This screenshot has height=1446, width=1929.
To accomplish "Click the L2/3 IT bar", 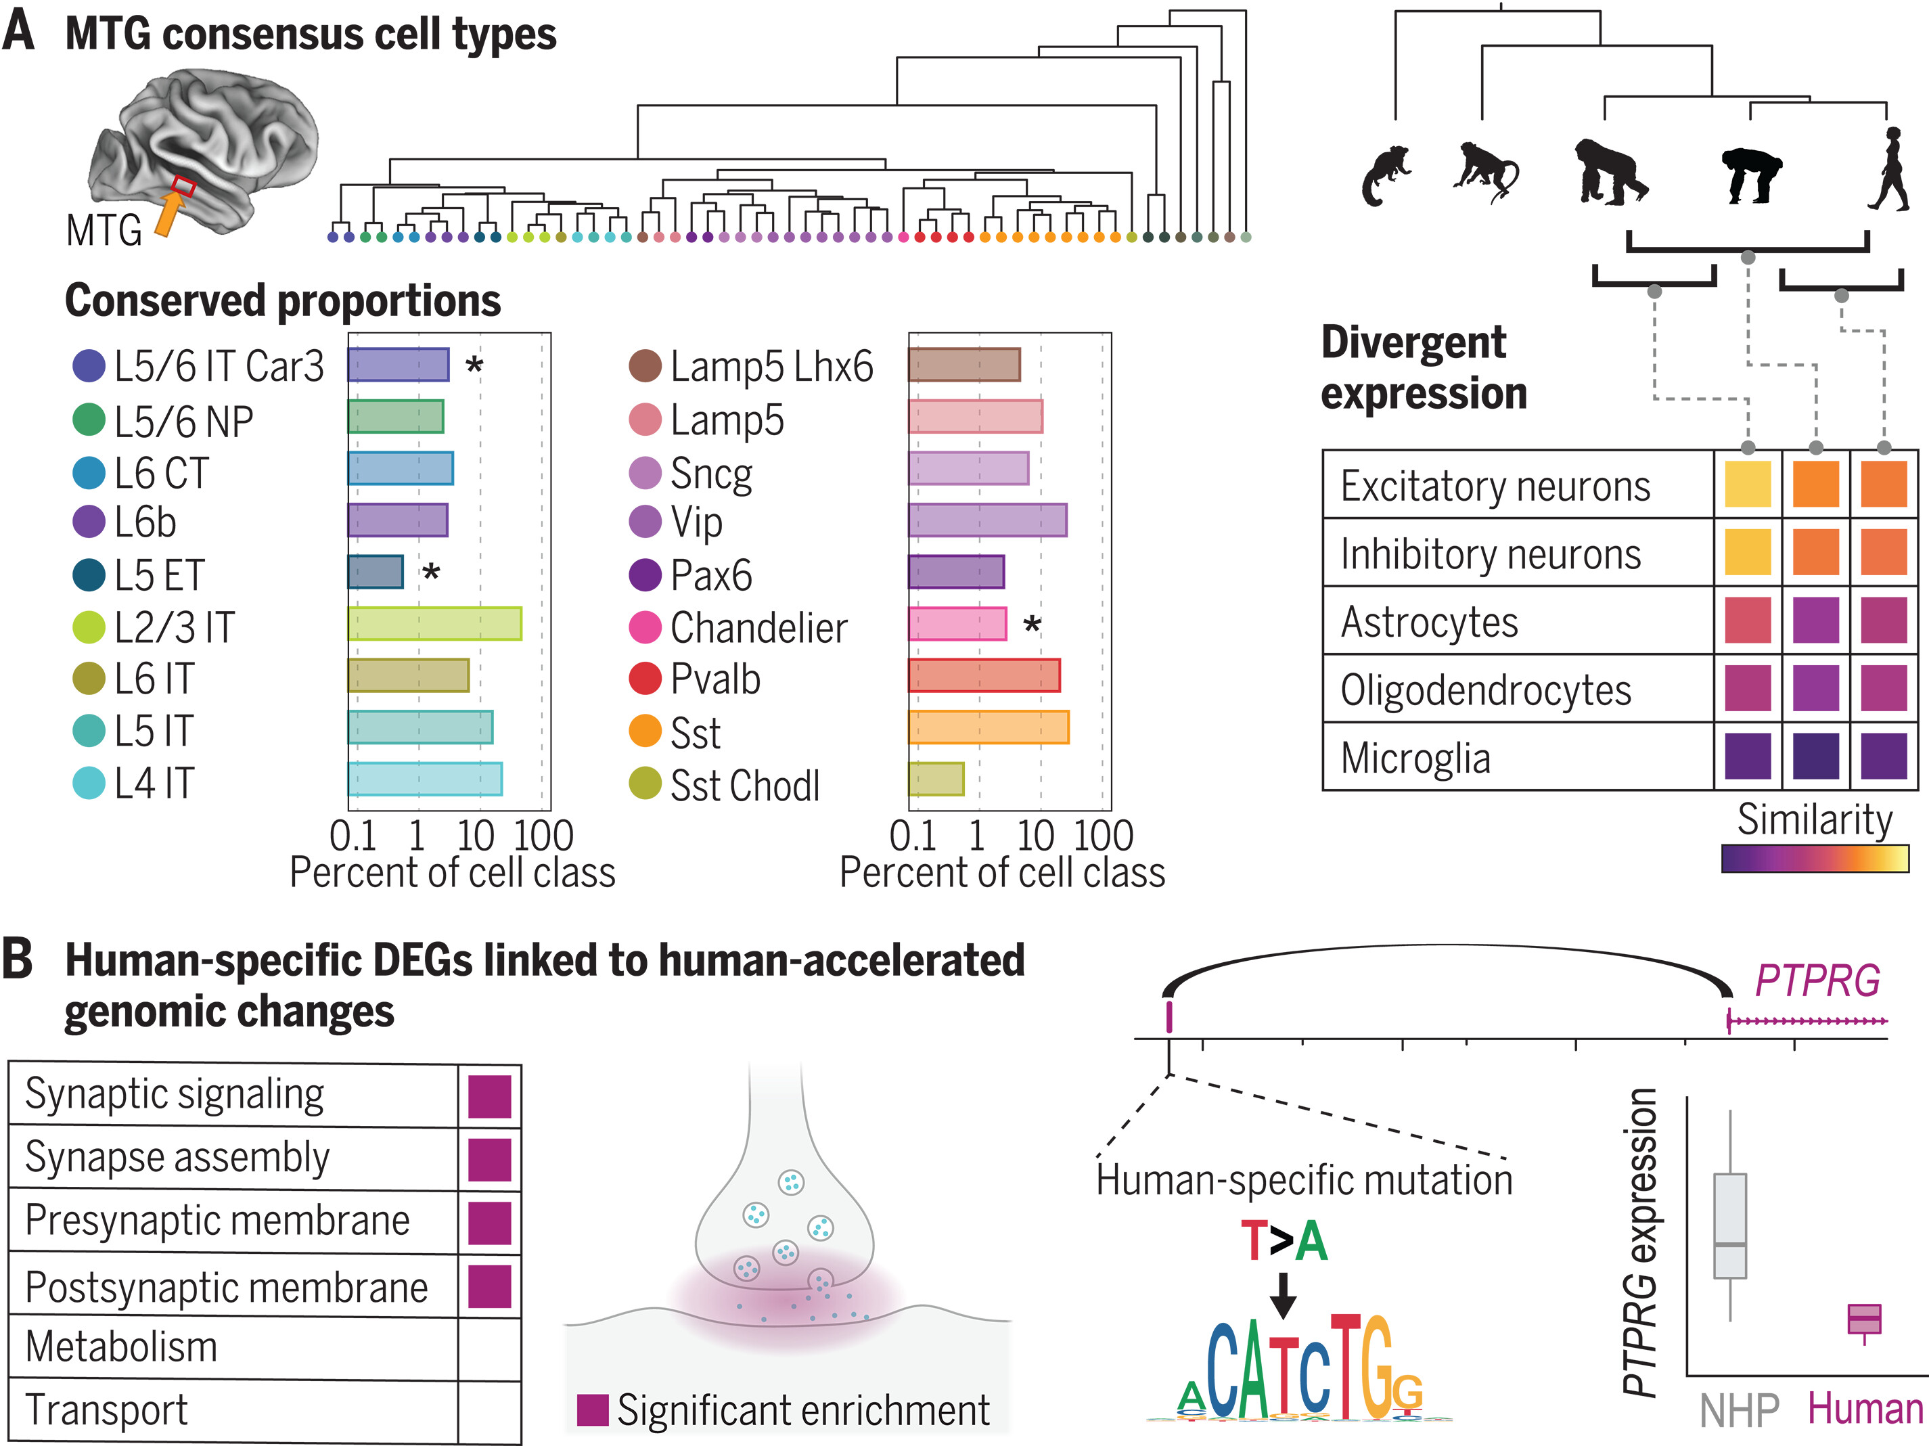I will coord(434,625).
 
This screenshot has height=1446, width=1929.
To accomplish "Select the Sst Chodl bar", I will coord(936,780).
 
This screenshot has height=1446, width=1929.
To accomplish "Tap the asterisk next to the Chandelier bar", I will coord(1032,625).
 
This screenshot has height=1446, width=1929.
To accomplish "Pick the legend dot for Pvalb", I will coord(645,679).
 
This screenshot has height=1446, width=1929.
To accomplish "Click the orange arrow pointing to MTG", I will coord(169,214).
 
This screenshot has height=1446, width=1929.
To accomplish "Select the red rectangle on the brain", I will coord(183,185).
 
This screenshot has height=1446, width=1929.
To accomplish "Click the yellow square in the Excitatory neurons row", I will coord(1747,484).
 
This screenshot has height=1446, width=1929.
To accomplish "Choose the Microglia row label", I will coord(1415,758).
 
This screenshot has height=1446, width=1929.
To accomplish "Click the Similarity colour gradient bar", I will coord(1815,858).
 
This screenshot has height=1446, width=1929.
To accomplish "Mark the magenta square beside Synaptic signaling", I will coord(489,1096).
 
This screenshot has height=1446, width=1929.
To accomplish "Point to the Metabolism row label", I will coord(121,1347).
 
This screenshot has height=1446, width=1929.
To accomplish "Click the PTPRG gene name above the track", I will coord(1817,981).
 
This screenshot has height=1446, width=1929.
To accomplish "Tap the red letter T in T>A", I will coord(1254,1240).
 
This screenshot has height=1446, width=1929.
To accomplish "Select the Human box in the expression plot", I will coord(1865,1319).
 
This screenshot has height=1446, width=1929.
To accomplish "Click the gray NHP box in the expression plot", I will coord(1729,1225).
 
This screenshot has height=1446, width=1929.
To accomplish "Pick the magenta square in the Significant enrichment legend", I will coord(593,1409).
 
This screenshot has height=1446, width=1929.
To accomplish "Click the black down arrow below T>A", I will coord(1283,1295).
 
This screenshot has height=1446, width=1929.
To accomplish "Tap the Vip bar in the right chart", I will coord(987,520).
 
